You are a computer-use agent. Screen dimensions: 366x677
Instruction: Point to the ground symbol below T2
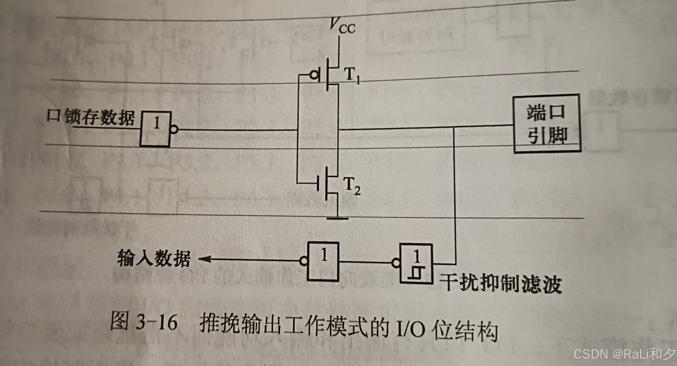(x=337, y=218)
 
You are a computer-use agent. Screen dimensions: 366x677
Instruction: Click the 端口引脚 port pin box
(x=547, y=124)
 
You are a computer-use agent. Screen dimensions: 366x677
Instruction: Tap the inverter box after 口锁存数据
(x=156, y=129)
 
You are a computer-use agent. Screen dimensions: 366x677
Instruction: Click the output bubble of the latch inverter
(x=174, y=129)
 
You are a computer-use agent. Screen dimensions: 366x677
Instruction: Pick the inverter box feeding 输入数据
(x=323, y=261)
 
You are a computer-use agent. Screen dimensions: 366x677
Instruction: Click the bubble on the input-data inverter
(x=304, y=261)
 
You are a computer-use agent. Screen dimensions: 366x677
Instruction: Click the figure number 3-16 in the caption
(x=157, y=323)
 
